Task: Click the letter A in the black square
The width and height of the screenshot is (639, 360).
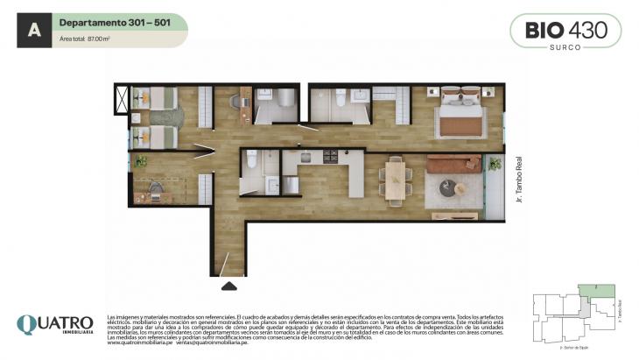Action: coord(33,30)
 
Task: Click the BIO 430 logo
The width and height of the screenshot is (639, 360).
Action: coord(565,29)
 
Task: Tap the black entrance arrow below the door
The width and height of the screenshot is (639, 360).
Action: coord(228,285)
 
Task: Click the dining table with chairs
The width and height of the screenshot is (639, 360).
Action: coord(396,180)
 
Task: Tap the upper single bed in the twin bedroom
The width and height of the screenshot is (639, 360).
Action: coord(151,100)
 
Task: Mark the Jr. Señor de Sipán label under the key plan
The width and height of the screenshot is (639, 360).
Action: coord(574,347)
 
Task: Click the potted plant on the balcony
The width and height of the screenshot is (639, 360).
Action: coord(495,164)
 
